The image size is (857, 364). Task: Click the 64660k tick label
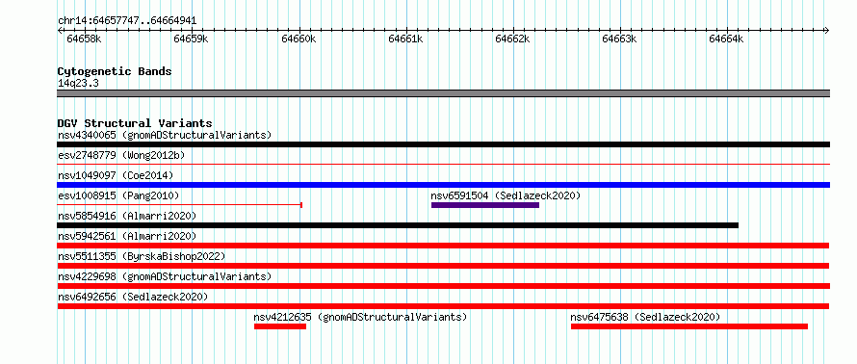point(299,39)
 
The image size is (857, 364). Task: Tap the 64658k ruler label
point(84,39)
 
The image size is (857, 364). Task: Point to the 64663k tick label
point(619,39)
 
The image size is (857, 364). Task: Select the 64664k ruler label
point(726,39)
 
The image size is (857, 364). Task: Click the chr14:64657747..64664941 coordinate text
point(127,21)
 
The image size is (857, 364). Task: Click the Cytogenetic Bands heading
point(115,71)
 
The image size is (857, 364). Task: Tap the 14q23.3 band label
point(78,84)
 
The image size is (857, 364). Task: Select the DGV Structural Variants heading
point(135,123)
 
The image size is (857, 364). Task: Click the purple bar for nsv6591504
point(485,205)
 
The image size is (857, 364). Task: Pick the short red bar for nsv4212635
point(280,326)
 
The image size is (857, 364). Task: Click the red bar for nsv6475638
point(689,326)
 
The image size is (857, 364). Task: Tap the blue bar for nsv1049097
point(444,185)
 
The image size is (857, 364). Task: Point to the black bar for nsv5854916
point(398,225)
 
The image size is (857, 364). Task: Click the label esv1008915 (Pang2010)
point(118,195)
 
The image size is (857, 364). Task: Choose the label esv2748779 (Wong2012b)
point(121,155)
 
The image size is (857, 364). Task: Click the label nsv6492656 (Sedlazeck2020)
point(133,297)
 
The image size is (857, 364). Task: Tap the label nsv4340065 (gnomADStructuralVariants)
point(165,135)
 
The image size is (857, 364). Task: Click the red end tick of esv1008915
point(301,205)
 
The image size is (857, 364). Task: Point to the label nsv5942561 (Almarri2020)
point(127,236)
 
